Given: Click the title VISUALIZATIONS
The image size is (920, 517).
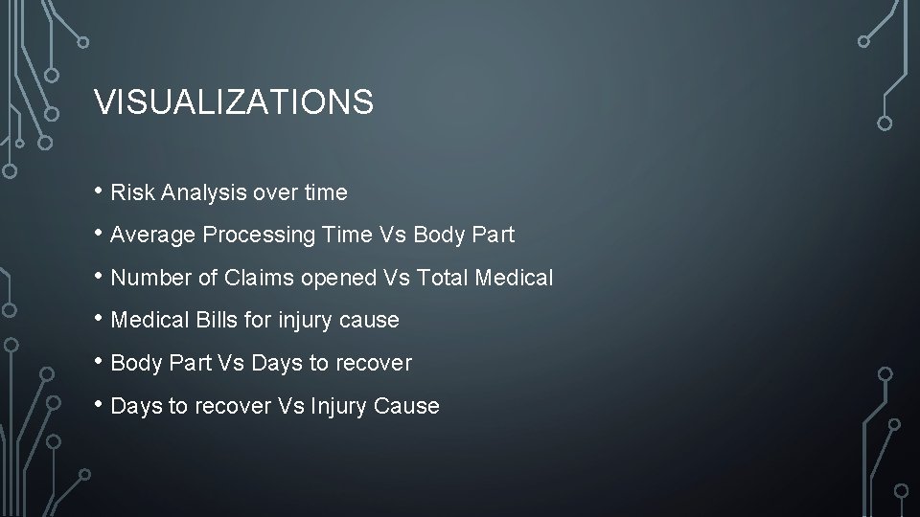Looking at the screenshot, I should coord(234,102).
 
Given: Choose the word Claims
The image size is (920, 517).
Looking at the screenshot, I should coord(250,278).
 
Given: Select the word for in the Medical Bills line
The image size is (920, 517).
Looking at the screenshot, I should coord(257,320).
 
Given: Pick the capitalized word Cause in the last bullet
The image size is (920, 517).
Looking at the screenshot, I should coord(409,406).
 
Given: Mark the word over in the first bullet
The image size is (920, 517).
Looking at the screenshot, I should coord(271,192).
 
